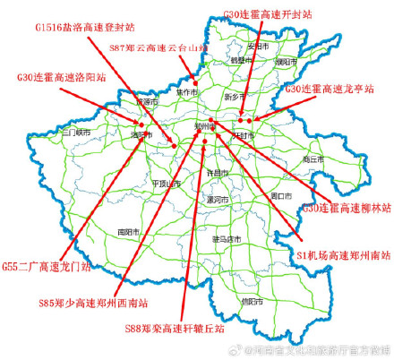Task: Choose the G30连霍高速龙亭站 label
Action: click(329, 90)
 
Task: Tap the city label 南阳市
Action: click(129, 231)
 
